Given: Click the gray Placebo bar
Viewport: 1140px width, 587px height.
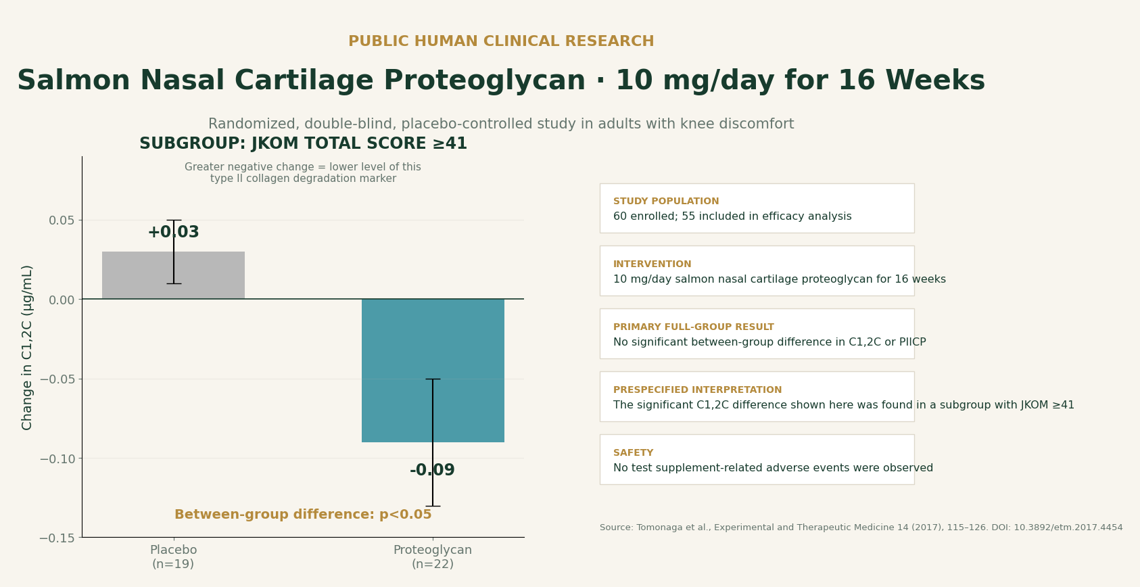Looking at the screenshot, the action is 173,275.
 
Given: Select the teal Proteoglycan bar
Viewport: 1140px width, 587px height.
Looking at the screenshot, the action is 433,370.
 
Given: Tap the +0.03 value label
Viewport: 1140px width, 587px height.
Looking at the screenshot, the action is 173,232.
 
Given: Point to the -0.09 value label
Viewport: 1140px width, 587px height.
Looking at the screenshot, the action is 432,470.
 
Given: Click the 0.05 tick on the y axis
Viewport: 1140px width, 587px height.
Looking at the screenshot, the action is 62,220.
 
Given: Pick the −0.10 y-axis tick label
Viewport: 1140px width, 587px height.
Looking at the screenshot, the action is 57,459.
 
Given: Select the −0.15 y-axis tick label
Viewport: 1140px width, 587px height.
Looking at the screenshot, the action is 57,538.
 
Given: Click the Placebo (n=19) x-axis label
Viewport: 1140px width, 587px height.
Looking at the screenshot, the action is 173,557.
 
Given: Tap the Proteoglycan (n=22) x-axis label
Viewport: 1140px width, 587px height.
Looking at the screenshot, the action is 433,557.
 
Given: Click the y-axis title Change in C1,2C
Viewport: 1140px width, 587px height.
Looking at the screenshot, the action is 27,348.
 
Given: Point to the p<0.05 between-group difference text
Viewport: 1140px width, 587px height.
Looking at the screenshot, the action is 303,514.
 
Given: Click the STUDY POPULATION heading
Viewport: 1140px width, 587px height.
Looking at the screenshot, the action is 666,201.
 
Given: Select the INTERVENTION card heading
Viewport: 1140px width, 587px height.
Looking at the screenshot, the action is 652,264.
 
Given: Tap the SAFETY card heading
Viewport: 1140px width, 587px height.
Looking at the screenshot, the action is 633,452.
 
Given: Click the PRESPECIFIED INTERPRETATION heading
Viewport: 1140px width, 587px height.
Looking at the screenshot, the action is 697,390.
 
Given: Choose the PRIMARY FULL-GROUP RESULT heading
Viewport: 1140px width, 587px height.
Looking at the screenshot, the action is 694,327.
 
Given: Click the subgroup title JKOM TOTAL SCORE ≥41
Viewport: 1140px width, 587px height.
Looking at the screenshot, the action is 304,143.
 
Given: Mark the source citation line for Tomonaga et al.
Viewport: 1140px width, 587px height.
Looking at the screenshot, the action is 861,527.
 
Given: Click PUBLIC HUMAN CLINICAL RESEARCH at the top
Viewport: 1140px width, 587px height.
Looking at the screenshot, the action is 501,41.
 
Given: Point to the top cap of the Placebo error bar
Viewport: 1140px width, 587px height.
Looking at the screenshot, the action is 174,220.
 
